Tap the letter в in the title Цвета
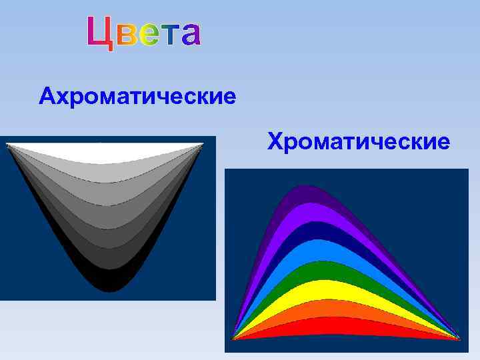coord(129,35)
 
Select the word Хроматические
coord(358,141)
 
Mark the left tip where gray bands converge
coord(8,145)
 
